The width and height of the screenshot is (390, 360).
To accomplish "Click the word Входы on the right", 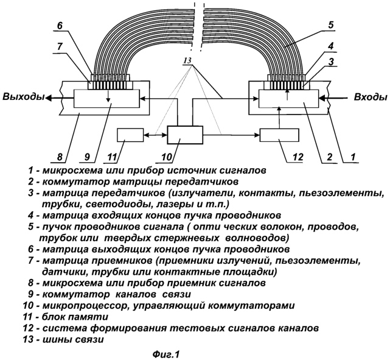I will coord(369,96).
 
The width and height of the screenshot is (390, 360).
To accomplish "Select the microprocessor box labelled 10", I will coord(186,135).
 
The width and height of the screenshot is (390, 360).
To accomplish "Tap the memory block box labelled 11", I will coord(130,135).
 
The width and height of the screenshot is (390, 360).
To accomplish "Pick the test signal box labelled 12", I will coord(279,135).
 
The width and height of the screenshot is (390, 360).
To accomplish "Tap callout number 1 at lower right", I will coord(351,157).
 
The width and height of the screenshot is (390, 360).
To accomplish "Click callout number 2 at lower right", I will coord(329,157).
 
